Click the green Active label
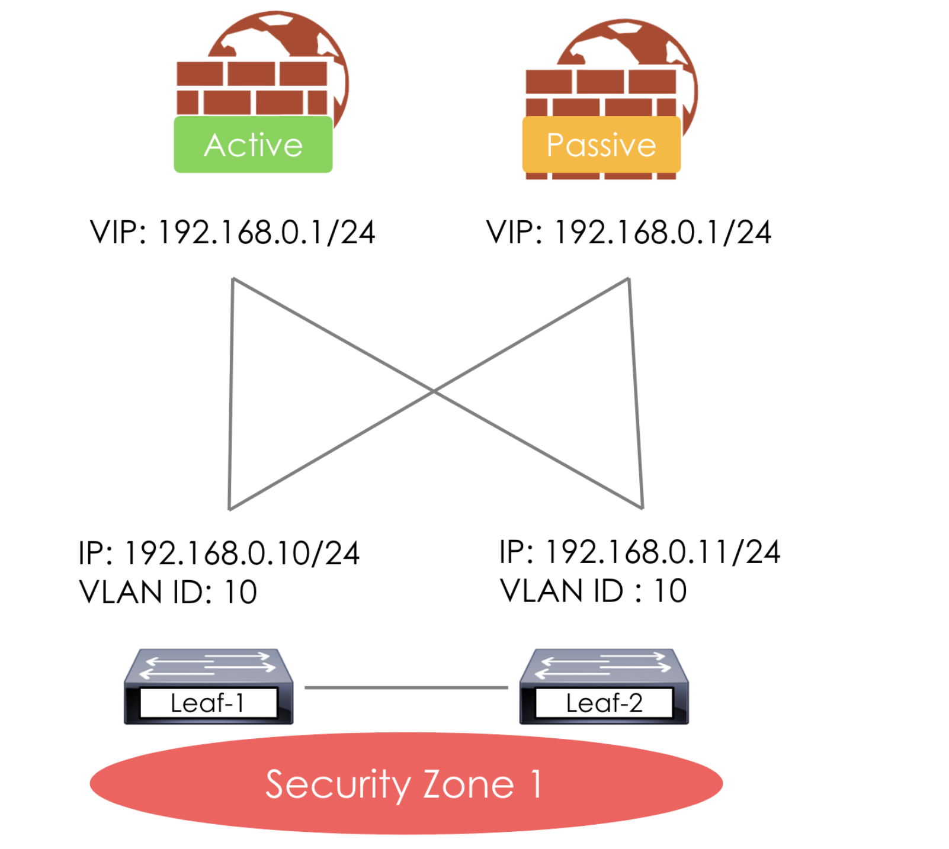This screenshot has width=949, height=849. (x=253, y=144)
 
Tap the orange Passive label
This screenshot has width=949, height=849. (x=601, y=144)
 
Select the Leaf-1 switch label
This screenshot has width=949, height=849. (x=208, y=703)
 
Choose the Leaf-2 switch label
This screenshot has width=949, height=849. (x=604, y=703)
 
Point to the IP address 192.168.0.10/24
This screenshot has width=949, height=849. (x=219, y=554)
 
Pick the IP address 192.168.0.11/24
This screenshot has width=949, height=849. (x=640, y=552)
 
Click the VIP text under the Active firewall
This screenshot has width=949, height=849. (x=232, y=232)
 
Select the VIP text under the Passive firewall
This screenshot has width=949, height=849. (x=629, y=232)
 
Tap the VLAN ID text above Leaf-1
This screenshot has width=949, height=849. (x=168, y=592)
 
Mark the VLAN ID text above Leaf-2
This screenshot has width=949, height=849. (x=593, y=591)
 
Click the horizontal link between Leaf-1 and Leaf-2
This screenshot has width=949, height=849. (x=406, y=687)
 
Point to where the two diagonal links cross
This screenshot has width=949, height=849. (x=434, y=391)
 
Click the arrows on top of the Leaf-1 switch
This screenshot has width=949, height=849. (x=209, y=665)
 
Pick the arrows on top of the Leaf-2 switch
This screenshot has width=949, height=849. (x=604, y=665)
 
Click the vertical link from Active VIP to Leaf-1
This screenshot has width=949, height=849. (x=231, y=394)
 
